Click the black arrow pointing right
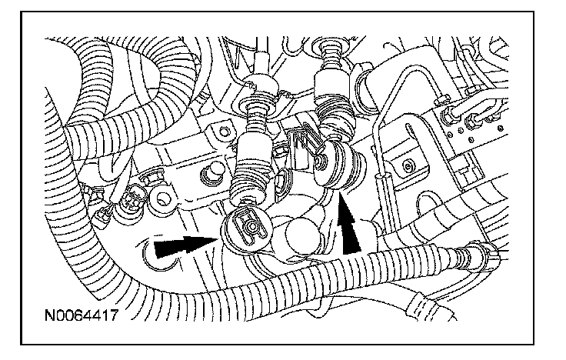pyautogui.click(x=183, y=247)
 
